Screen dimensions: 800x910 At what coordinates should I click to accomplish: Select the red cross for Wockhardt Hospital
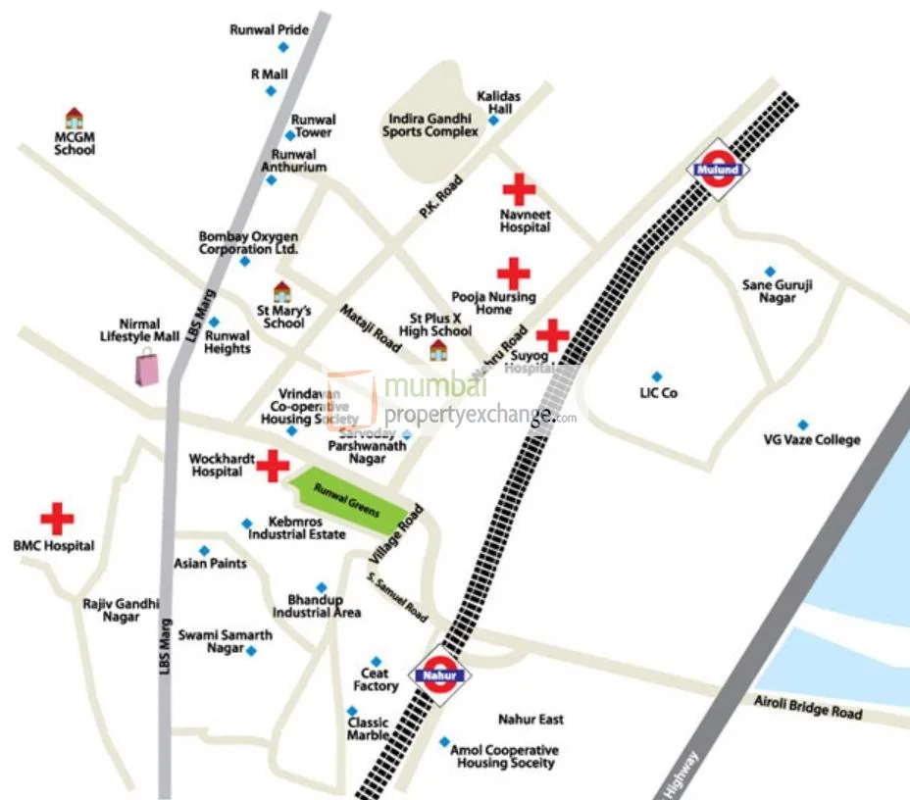(273, 467)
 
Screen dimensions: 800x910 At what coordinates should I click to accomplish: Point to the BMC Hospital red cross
(56, 519)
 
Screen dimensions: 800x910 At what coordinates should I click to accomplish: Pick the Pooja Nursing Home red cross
(513, 274)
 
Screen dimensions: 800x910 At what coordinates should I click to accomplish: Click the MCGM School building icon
(74, 119)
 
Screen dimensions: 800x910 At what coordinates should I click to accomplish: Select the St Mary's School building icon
(281, 291)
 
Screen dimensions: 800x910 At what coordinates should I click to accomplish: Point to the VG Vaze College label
(811, 440)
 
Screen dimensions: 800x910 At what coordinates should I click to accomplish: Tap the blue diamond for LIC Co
(657, 376)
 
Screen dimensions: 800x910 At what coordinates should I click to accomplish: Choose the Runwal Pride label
(269, 30)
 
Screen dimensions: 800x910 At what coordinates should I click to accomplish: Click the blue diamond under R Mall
(271, 91)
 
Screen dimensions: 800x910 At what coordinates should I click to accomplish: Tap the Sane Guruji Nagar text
(778, 291)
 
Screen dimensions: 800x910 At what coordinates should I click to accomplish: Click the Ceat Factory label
(376, 679)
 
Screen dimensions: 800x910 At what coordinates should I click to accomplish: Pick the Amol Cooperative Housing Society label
(504, 756)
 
